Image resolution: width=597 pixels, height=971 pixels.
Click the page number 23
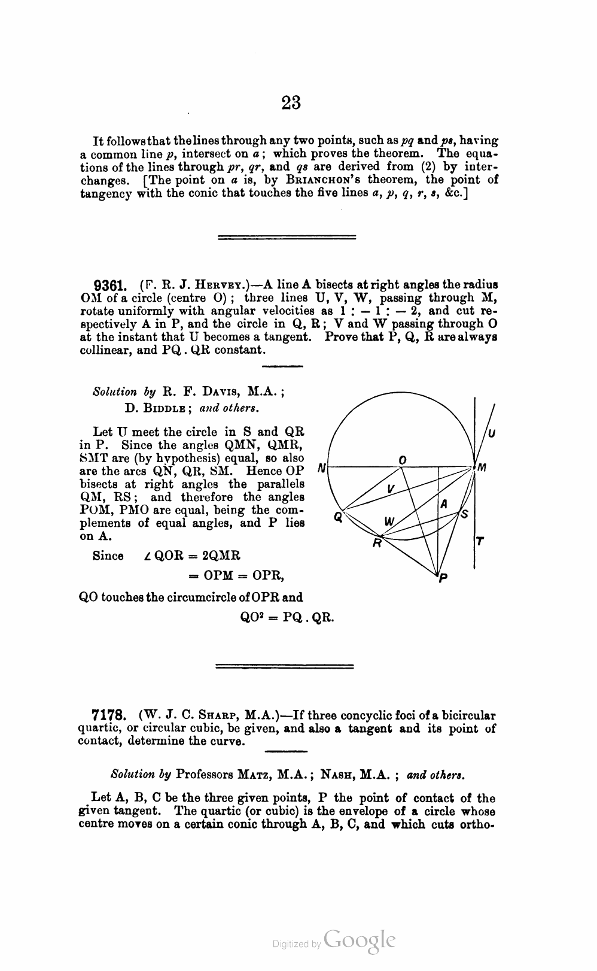pos(291,103)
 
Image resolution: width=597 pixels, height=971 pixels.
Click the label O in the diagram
pos(403,459)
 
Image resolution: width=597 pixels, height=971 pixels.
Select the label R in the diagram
pos(377,543)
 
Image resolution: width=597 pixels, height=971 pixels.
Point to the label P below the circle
pos(443,578)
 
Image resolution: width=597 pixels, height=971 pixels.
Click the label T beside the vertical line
pos(479,542)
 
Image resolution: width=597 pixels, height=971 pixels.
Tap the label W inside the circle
pos(389,521)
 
